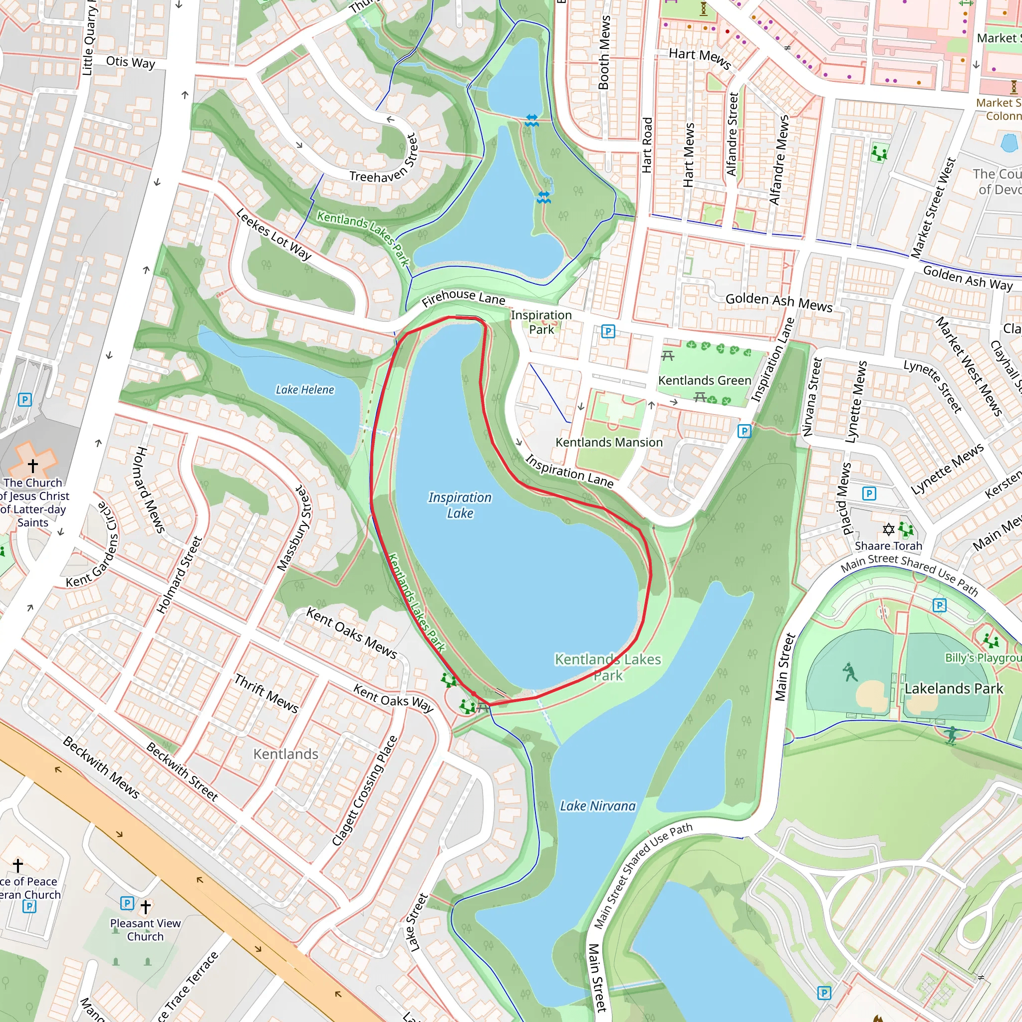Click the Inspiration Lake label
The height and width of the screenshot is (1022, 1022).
(x=460, y=505)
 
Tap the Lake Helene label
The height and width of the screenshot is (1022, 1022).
(x=305, y=390)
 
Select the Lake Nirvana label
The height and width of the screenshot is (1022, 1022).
(x=598, y=805)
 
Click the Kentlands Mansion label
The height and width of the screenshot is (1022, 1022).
(x=609, y=442)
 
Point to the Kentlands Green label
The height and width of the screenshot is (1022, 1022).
(x=705, y=380)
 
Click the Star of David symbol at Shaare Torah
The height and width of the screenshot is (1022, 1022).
(x=888, y=529)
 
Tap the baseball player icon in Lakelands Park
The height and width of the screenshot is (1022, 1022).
(x=850, y=672)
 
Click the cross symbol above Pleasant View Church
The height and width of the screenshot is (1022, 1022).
(x=146, y=907)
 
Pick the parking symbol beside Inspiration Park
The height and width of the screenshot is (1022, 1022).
(x=608, y=332)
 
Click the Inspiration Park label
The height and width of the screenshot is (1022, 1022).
(x=541, y=322)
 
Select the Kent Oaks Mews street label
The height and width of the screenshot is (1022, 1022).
(x=352, y=633)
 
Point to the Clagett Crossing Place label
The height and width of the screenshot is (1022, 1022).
(x=364, y=791)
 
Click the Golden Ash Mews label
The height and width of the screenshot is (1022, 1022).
(x=778, y=302)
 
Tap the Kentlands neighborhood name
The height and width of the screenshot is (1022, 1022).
(x=285, y=754)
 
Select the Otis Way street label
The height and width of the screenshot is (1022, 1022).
(x=131, y=62)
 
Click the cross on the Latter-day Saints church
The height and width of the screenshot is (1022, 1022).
(x=33, y=466)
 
